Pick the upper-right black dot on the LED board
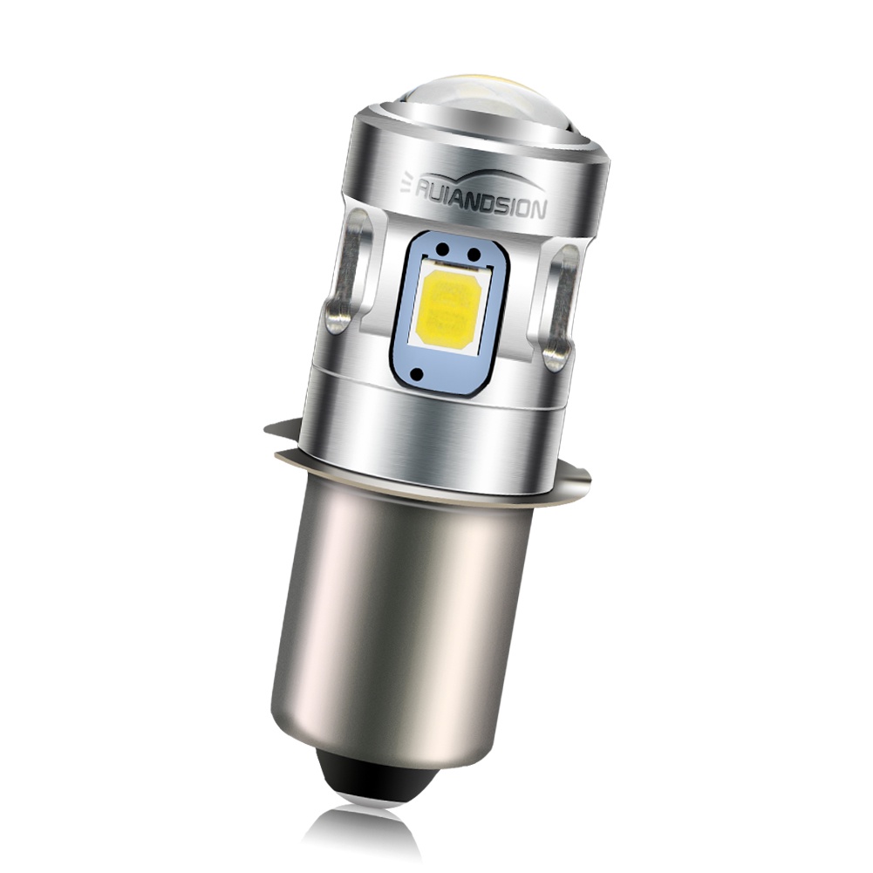point(474,255)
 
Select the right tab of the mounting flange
point(574,475)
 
